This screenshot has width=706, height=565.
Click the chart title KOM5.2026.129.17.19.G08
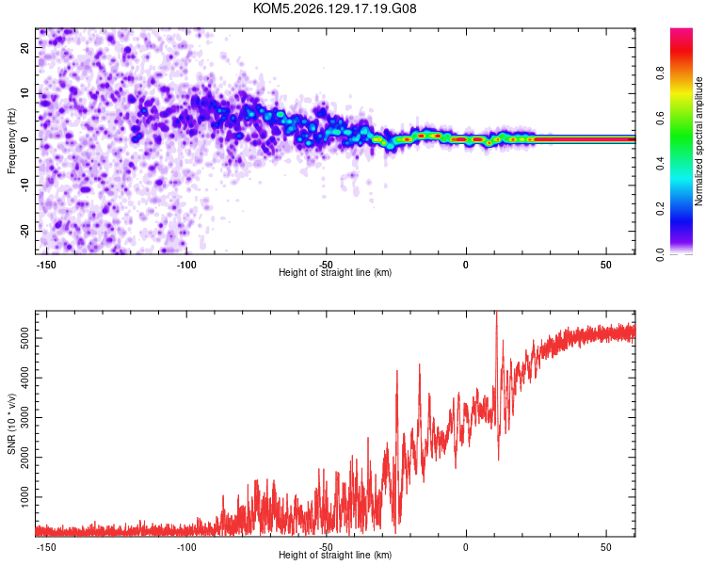click(x=334, y=8)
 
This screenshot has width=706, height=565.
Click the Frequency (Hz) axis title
click(x=11, y=141)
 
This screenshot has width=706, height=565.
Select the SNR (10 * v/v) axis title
click(x=11, y=424)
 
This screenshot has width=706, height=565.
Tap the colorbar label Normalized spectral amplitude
click(x=698, y=141)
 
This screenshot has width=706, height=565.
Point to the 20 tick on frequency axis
click(x=24, y=47)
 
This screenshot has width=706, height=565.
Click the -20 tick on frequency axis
click(x=24, y=232)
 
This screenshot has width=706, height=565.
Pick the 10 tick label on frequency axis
click(x=24, y=93)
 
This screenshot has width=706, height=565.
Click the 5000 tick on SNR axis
click(x=24, y=338)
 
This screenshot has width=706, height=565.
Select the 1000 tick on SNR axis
click(x=24, y=497)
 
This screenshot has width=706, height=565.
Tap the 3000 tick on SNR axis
click(x=24, y=418)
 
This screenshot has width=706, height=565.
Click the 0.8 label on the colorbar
click(x=660, y=73)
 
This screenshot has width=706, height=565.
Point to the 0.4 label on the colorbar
click(x=660, y=164)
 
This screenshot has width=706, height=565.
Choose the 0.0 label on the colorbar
click(x=660, y=254)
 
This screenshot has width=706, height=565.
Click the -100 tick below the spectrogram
click(x=186, y=265)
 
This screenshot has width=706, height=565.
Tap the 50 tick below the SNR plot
click(x=606, y=547)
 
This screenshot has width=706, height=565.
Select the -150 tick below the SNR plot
click(x=46, y=547)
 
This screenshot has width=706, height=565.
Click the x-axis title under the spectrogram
click(x=335, y=272)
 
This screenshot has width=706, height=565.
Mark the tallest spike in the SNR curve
click(x=497, y=314)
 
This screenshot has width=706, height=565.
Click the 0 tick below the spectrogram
click(x=466, y=265)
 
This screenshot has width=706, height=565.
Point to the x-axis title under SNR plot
click(x=335, y=555)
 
